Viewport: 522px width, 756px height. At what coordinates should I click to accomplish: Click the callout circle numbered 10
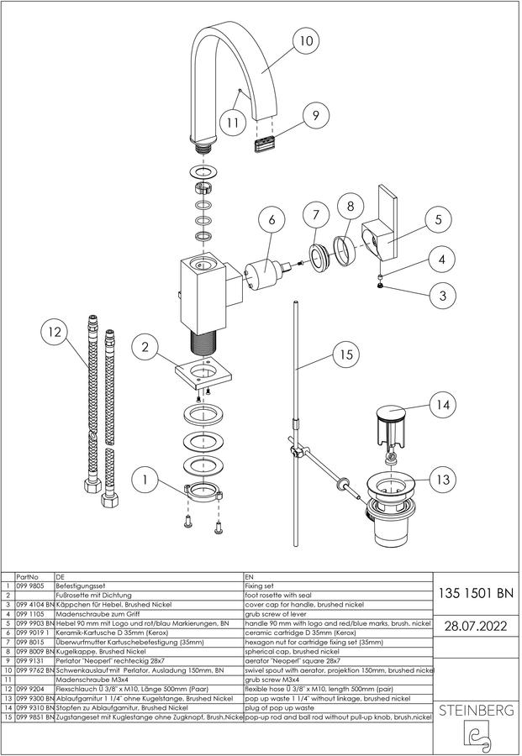click(x=306, y=40)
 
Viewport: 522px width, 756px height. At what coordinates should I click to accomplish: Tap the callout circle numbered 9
click(x=315, y=115)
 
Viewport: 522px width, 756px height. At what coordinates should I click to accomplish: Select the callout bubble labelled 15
click(x=346, y=354)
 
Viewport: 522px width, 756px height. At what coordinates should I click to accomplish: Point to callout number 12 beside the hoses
click(x=55, y=332)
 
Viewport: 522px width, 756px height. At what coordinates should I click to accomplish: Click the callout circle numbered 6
click(x=272, y=220)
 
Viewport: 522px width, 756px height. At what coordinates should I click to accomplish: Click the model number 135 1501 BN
click(x=476, y=593)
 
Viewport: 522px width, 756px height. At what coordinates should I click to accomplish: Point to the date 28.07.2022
click(x=476, y=627)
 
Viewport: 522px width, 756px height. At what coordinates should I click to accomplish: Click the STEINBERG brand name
click(x=476, y=710)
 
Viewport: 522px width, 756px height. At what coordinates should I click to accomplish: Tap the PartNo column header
click(x=28, y=576)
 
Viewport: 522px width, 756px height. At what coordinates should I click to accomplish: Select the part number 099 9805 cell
click(x=30, y=585)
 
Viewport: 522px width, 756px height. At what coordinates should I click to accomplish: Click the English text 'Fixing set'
click(x=259, y=585)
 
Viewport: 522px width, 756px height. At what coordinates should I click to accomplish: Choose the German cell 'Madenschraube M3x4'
click(x=89, y=680)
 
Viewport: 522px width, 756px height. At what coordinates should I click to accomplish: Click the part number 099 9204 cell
click(x=30, y=689)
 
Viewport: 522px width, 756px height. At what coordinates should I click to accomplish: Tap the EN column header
click(x=249, y=576)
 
